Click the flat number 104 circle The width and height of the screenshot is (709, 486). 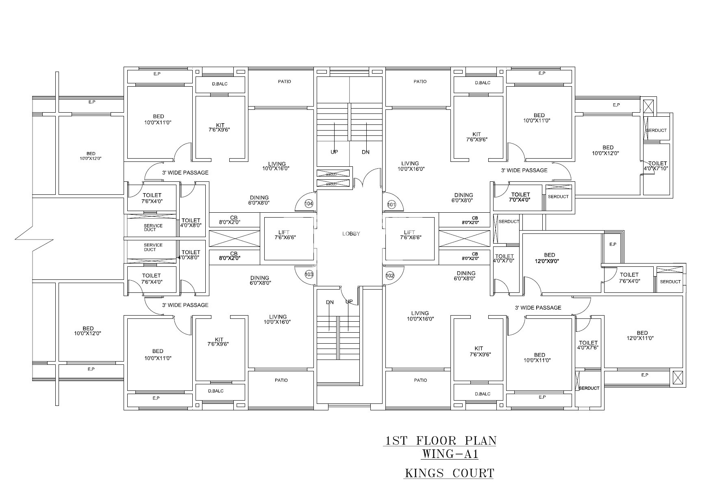click(x=309, y=203)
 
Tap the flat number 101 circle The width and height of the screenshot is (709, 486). click(x=391, y=204)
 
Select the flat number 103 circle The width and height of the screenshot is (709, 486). click(x=309, y=275)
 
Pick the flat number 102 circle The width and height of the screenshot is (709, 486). click(x=390, y=275)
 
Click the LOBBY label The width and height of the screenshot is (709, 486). click(x=351, y=234)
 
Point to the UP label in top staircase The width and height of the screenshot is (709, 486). click(x=334, y=152)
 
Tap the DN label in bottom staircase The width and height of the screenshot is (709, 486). click(x=330, y=302)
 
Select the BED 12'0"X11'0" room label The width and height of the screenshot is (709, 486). click(x=642, y=336)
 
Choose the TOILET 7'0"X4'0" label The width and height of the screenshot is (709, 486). click(x=520, y=197)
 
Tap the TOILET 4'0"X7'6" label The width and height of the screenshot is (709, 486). click(x=588, y=345)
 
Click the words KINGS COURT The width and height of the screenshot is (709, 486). click(x=449, y=473)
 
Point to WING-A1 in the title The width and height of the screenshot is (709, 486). click(x=450, y=453)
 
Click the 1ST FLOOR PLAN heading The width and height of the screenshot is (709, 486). click(x=440, y=440)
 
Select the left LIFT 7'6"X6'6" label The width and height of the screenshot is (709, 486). click(x=285, y=235)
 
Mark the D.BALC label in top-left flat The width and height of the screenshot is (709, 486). click(x=220, y=84)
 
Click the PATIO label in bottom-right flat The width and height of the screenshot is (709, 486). click(x=420, y=380)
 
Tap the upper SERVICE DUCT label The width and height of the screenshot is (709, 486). click(x=153, y=227)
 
